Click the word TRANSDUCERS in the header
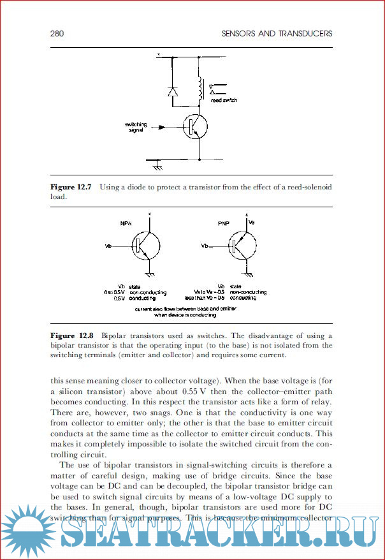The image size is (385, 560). tap(304, 33)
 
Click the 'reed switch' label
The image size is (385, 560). tap(225, 100)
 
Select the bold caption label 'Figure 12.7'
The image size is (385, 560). tap(71, 187)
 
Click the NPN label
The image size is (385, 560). tap(126, 223)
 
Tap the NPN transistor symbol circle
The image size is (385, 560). tap(145, 246)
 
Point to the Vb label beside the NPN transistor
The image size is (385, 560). tap(109, 246)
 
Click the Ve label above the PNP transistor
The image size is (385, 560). tap(251, 223)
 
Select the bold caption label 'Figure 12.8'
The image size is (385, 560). tap(72, 335)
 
